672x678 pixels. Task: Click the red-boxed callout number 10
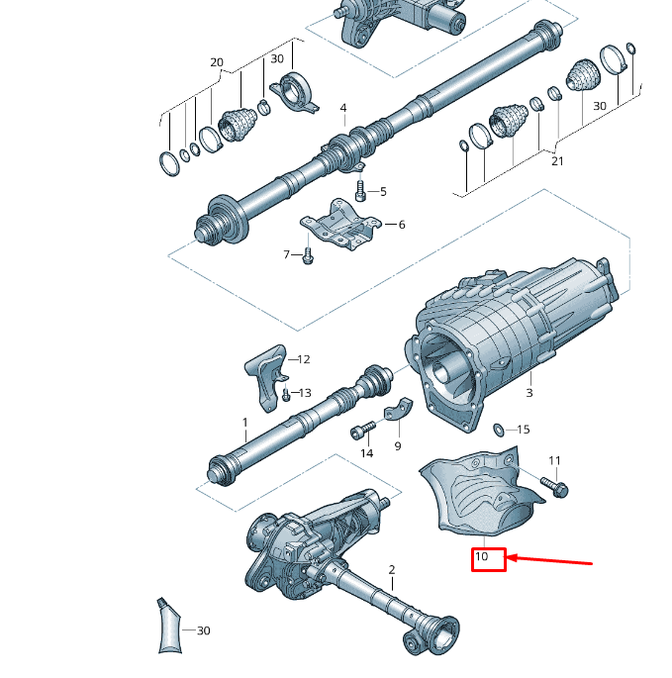[481, 556]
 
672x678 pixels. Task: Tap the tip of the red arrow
[507, 558]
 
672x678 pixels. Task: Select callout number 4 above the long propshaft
[343, 108]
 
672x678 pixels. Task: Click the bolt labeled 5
[360, 190]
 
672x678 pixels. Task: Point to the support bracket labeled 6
[340, 225]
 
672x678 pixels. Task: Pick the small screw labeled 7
[308, 255]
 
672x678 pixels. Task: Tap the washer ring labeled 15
[498, 430]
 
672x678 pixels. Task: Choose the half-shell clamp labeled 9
[398, 410]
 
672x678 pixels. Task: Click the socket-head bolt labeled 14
[362, 431]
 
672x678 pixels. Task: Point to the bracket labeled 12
[266, 377]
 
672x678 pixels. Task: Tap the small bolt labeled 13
[285, 395]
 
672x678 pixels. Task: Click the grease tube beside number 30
[169, 626]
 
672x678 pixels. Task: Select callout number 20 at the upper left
[217, 62]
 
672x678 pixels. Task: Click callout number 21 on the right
[557, 161]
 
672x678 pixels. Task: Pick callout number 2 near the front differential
[392, 569]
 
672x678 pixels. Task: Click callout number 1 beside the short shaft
[245, 422]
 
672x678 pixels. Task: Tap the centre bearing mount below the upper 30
[295, 93]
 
